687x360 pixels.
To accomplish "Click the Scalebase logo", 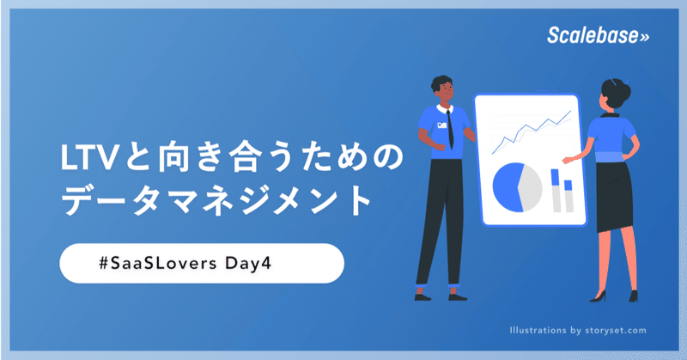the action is [598, 35].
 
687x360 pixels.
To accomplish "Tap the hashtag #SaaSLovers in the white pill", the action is [158, 263].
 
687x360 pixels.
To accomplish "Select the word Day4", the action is [248, 264].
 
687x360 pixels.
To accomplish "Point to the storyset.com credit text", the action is [616, 331].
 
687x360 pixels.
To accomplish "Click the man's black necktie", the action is [450, 130].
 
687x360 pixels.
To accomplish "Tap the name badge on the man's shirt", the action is [441, 125].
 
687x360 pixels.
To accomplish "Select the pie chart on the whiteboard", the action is [518, 187].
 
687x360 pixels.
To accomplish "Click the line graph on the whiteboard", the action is [532, 132].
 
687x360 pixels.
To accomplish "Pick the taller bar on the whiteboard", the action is [556, 191].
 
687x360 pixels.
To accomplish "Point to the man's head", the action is [442, 88].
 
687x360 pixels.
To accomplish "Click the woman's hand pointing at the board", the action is [568, 160].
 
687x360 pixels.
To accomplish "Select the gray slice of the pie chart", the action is [530, 187].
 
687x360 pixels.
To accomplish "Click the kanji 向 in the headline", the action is [174, 158].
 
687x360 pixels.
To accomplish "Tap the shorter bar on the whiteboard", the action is [568, 196].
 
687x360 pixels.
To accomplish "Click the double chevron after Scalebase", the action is [644, 37].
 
